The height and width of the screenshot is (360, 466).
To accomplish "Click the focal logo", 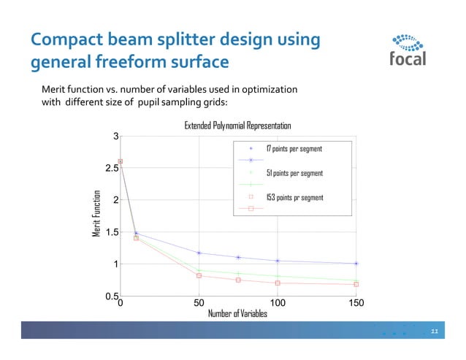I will coord(408,49).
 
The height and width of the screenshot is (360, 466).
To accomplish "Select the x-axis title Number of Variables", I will coord(237,313).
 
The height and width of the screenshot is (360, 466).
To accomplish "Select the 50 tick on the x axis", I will coord(199,302).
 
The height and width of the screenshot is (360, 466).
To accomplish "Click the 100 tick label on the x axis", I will coord(278,302).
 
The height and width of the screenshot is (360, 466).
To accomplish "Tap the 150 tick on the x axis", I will coord(356,302).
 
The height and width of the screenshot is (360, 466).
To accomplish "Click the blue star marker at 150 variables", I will coord(356,264).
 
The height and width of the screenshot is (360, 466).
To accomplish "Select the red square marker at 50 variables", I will coord(199,275).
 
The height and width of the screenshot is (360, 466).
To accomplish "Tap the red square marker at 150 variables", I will coord(356,284).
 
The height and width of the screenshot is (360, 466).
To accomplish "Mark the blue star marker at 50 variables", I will coord(199,253).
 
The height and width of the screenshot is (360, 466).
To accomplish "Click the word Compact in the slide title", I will coord(66,40).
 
